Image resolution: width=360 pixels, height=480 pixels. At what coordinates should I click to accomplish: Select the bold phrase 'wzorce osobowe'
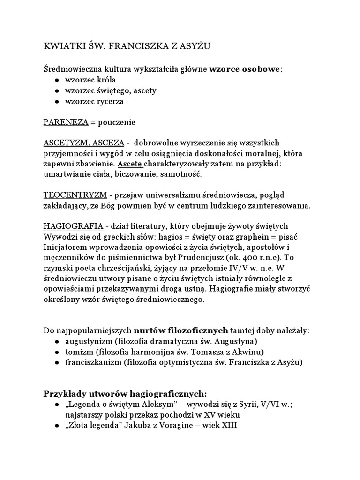[245, 69]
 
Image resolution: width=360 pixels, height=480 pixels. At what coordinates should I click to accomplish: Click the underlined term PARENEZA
[66, 122]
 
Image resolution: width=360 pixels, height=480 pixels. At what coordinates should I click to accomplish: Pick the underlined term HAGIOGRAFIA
[73, 226]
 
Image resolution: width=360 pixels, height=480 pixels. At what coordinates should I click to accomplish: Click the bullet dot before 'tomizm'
[57, 352]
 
